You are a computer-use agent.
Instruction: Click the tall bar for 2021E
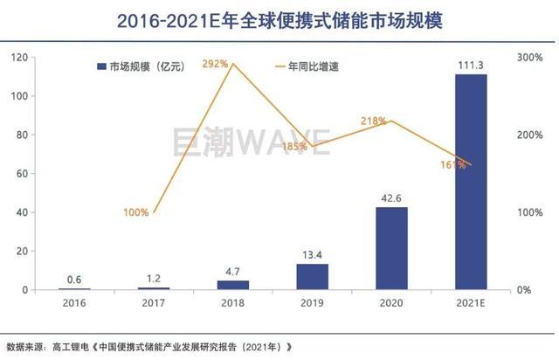pyautogui.click(x=472, y=182)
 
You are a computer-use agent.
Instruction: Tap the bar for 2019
pyautogui.click(x=312, y=276)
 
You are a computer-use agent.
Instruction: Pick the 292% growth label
pyautogui.click(x=216, y=63)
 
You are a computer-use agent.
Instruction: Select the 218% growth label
pyautogui.click(x=372, y=121)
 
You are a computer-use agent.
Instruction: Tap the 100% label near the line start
pyautogui.click(x=135, y=212)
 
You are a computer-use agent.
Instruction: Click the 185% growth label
pyautogui.click(x=294, y=146)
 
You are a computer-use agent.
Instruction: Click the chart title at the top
pyautogui.click(x=279, y=19)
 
